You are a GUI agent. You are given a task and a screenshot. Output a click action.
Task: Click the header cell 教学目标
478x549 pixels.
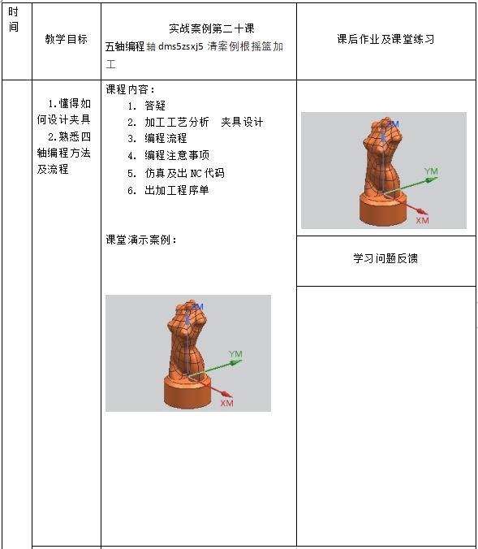[66, 39]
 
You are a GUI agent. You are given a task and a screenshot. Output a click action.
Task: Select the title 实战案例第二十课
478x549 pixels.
[212, 28]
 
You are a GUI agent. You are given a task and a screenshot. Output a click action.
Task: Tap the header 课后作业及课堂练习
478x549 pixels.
[385, 39]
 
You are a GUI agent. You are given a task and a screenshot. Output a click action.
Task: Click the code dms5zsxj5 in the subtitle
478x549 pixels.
[180, 46]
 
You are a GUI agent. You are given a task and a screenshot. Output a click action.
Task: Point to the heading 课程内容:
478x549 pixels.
[130, 89]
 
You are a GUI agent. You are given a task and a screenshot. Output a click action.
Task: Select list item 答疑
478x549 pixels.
[155, 106]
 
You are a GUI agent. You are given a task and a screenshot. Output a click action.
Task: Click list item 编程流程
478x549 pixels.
[166, 138]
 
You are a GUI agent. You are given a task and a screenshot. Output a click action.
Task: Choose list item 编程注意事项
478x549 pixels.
[177, 155]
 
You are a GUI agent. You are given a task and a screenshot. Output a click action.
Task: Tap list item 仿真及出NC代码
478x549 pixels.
[184, 173]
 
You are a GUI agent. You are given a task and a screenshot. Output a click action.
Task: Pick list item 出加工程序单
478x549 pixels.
[177, 190]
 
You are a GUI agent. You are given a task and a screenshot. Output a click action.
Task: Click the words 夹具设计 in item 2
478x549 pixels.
[242, 122]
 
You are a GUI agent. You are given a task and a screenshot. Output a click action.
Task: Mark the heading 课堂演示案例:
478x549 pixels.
[141, 240]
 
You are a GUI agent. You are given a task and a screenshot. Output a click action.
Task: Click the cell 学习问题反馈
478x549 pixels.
[385, 258]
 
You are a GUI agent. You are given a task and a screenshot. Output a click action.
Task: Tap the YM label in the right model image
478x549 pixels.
[431, 171]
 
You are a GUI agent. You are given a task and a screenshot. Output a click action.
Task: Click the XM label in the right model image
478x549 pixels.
[422, 220]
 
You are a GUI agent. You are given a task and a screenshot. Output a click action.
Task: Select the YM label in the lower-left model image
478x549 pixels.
[235, 354]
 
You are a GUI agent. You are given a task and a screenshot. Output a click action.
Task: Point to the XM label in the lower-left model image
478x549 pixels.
[226, 403]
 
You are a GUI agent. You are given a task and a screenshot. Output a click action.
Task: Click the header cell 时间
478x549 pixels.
[14, 19]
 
